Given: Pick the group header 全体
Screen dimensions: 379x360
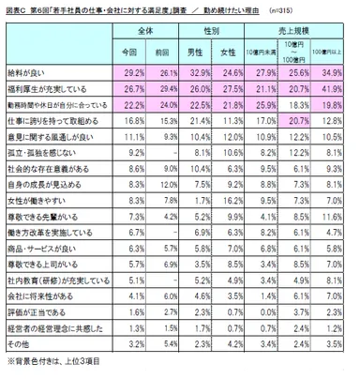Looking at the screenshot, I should point(145,32).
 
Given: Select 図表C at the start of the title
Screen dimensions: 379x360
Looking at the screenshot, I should point(16,10).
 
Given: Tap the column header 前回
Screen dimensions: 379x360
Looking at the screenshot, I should point(161,49).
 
